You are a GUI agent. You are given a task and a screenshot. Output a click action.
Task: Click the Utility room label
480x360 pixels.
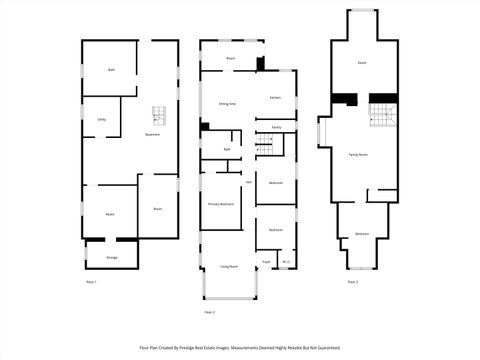coord(102,119)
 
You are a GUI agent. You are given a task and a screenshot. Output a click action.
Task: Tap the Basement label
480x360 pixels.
coord(152,134)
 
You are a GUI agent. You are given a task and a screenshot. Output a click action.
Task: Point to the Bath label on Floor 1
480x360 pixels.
coord(111,70)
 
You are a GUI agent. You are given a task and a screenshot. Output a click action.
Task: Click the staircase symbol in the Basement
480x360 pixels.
coord(157,114)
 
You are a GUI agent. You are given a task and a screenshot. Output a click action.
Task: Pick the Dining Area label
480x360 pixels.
coord(227,103)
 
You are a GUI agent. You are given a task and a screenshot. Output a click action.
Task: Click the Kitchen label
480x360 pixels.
coord(275,97)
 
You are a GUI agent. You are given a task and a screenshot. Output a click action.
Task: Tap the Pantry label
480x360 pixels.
coord(276,128)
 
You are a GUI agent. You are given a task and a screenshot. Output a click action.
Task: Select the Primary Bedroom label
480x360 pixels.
coord(222,204)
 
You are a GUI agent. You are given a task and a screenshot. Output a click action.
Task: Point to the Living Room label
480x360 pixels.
coord(228,267)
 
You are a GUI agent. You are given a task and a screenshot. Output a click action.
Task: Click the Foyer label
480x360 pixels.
coord(266,262)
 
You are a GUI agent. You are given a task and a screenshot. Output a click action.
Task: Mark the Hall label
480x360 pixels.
coord(248,182)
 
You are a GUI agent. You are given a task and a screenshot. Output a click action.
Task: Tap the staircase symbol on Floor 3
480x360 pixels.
coord(382,115)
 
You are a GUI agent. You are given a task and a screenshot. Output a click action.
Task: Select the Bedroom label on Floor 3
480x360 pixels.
coord(362,234)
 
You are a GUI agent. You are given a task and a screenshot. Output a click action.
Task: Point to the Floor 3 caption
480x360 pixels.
coord(353,282)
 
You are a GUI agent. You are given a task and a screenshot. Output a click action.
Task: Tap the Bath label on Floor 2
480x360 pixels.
coord(227,149)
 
